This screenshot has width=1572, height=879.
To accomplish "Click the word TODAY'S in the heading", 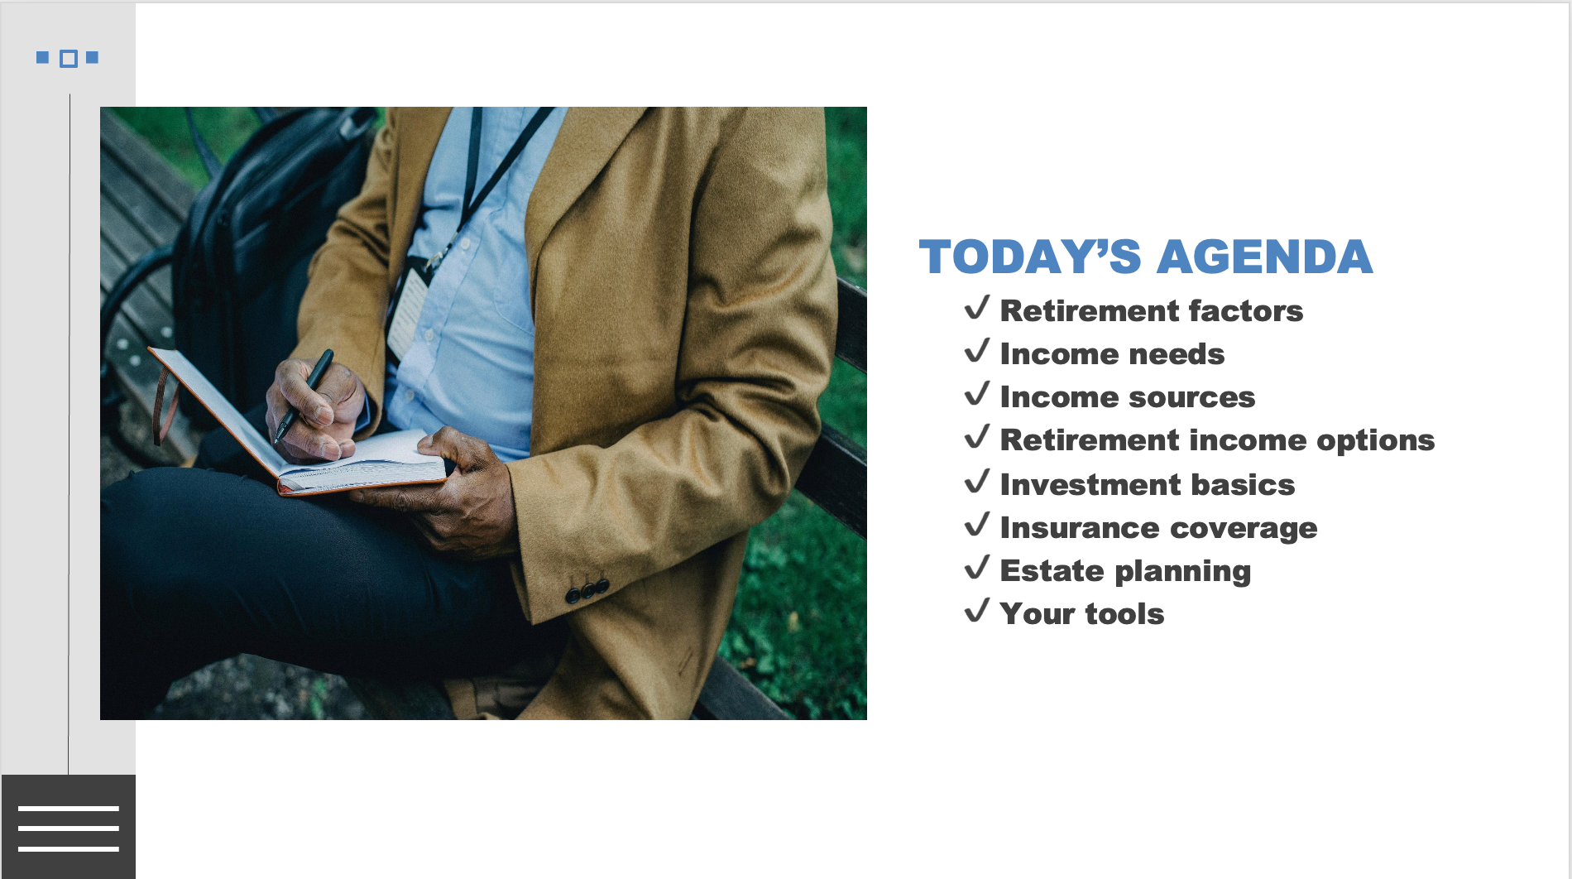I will pos(1030,257).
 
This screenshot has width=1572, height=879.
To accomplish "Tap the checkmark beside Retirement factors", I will pos(977,308).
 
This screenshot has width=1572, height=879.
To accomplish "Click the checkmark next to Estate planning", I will pos(977,568).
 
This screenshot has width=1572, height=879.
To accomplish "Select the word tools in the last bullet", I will pos(1124,614).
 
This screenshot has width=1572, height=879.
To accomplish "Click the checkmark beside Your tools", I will pos(977,611).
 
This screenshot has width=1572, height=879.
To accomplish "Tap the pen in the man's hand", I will pos(305,393).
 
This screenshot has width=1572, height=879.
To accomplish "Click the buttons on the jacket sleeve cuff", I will pos(587,589).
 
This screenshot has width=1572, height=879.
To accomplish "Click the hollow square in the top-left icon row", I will pos(69,58).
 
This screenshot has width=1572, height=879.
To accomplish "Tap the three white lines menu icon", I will pos(69,828).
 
